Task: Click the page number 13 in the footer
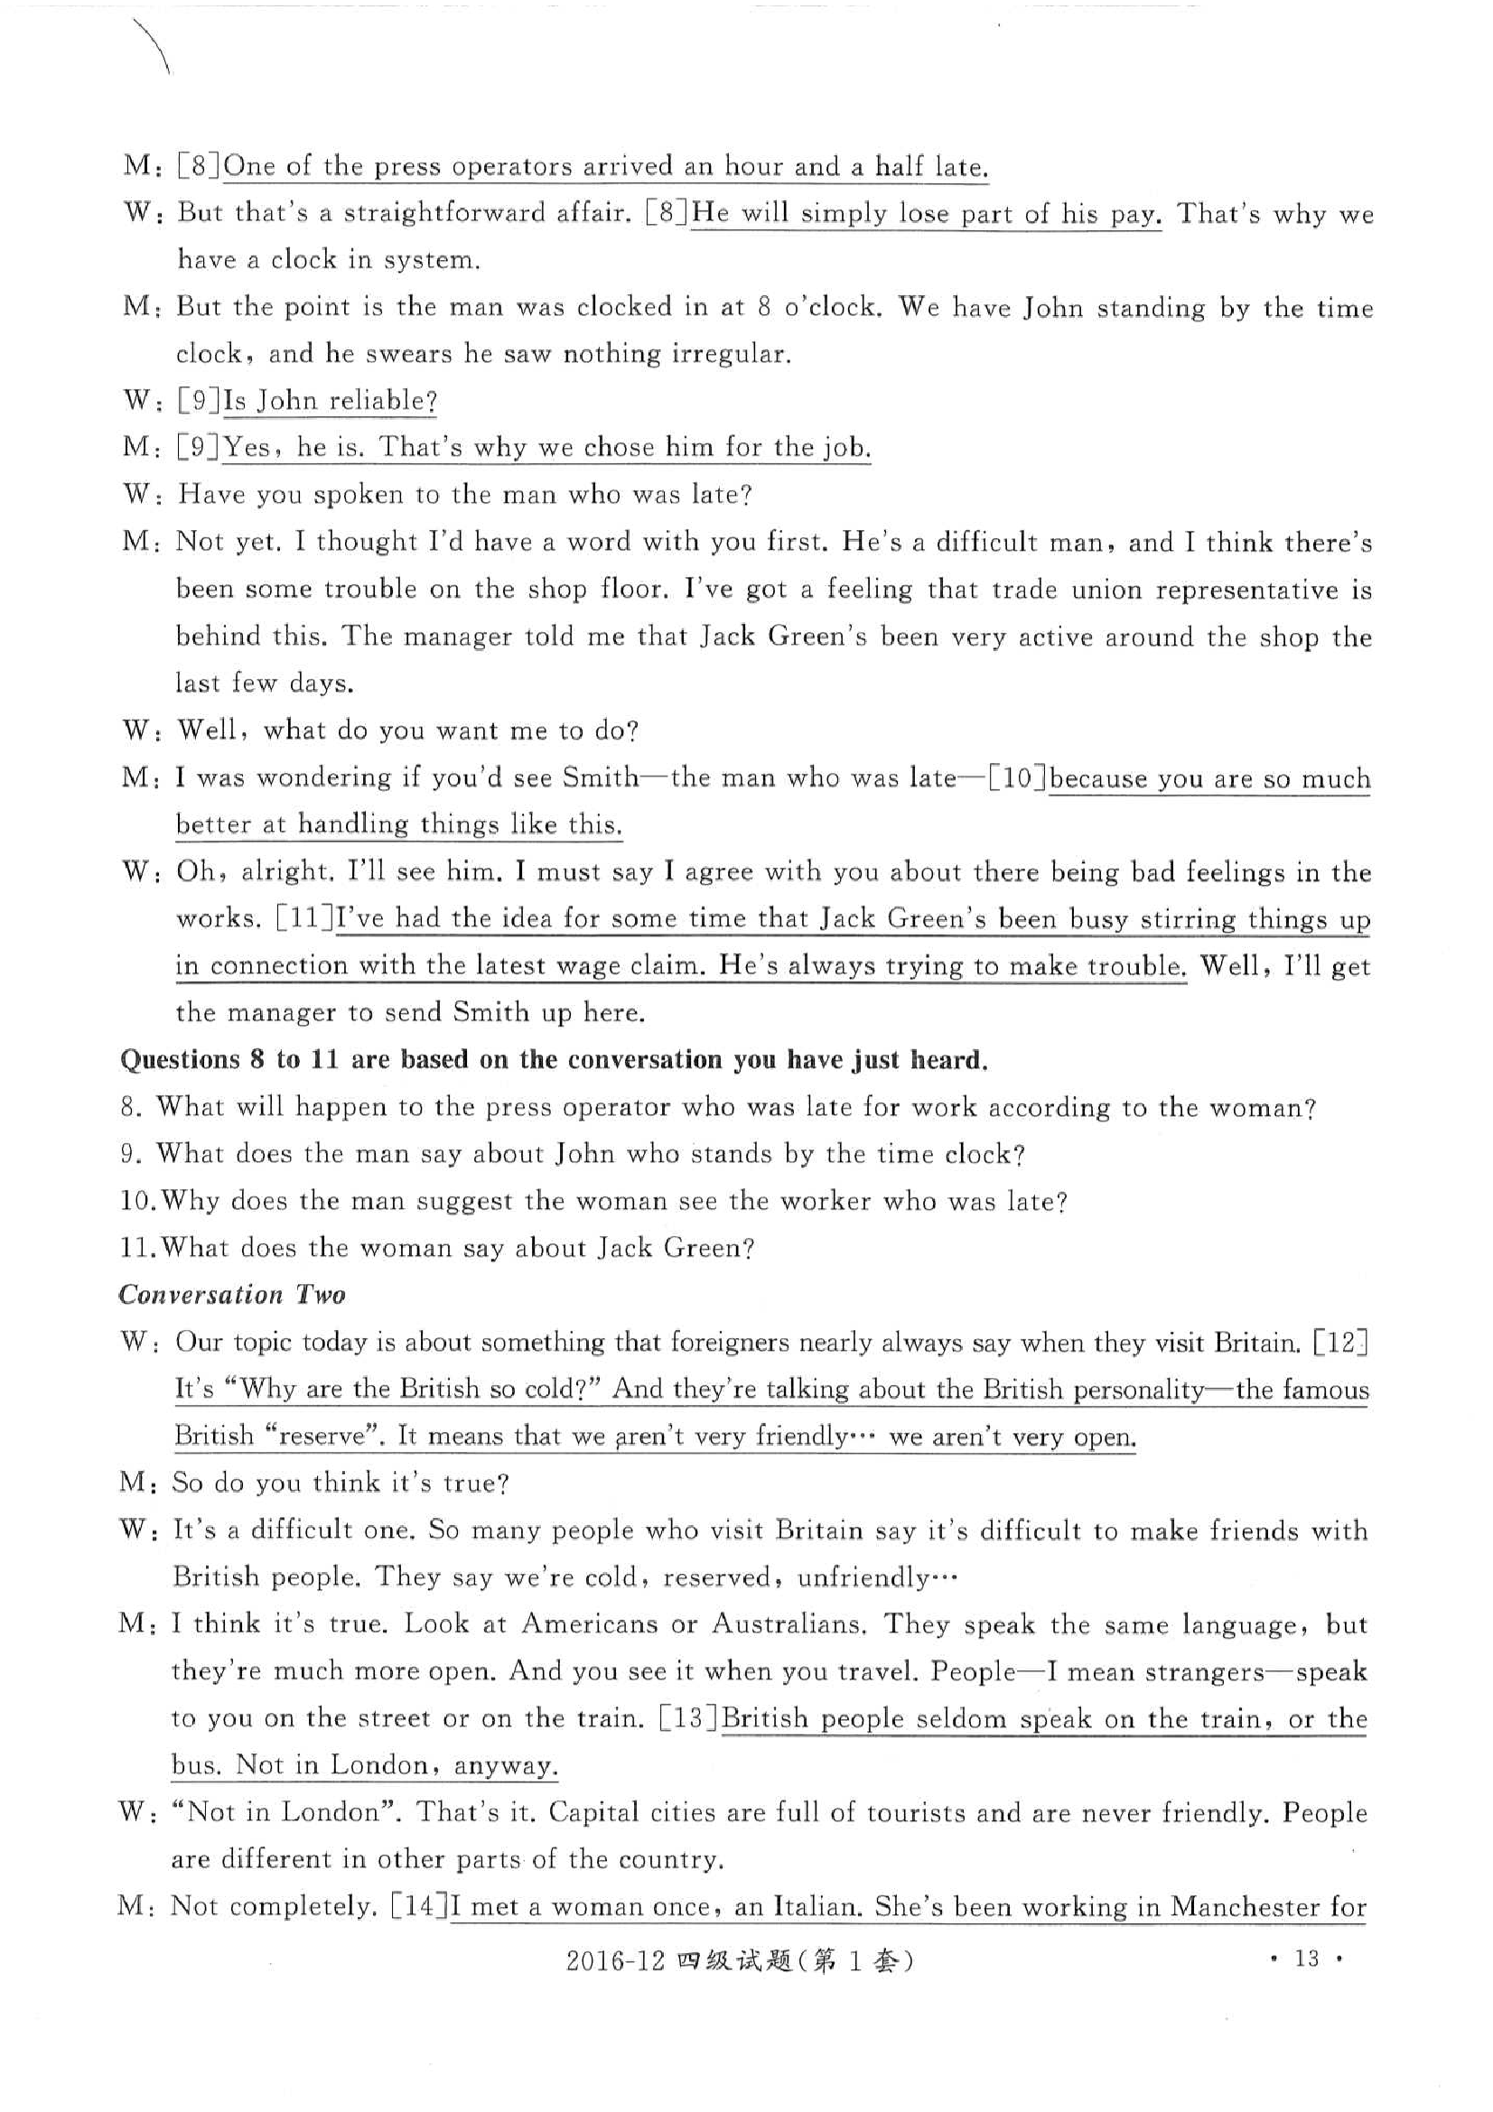click(1306, 1958)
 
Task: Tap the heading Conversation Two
click(232, 1294)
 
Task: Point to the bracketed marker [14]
click(419, 1906)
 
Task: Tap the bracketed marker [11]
click(304, 918)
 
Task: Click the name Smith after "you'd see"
click(600, 778)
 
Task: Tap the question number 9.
click(129, 1153)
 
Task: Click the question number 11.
click(136, 1248)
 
